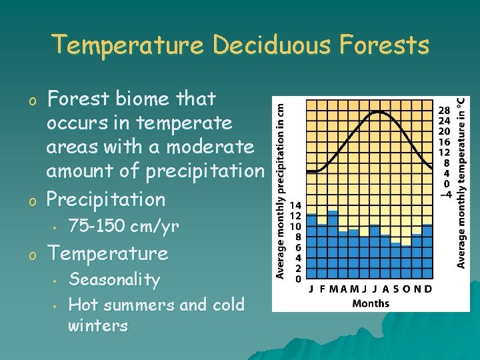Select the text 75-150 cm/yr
pyautogui.click(x=123, y=227)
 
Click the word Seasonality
pyautogui.click(x=114, y=279)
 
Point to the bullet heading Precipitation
pyautogui.click(x=105, y=199)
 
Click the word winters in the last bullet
pyautogui.click(x=97, y=326)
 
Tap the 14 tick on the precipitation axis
pyautogui.click(x=295, y=206)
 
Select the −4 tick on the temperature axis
pyautogui.click(x=444, y=194)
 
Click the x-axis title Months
pyautogui.click(x=370, y=303)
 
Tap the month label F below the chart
pyautogui.click(x=323, y=289)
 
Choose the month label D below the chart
pyautogui.click(x=427, y=289)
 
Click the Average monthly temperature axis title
pyautogui.click(x=461, y=182)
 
